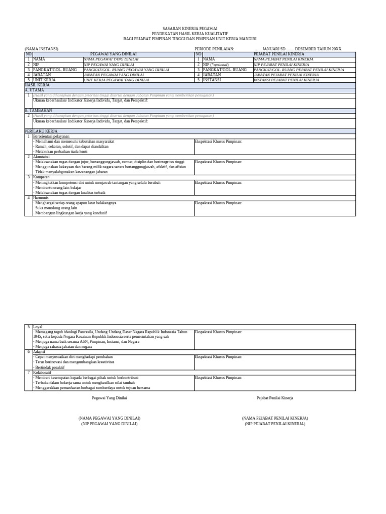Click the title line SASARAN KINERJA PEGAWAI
coord(190,29)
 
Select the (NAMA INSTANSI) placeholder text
coord(42,49)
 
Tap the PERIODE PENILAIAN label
coord(214,49)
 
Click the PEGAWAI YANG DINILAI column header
coord(113,54)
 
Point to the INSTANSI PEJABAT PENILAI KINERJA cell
coord(286,80)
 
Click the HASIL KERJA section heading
coord(38,85)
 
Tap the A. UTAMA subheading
coord(35,90)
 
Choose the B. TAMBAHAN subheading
coord(38,110)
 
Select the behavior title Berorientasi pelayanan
coord(51,136)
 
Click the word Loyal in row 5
coord(38,326)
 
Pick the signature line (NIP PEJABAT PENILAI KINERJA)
coord(275,424)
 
